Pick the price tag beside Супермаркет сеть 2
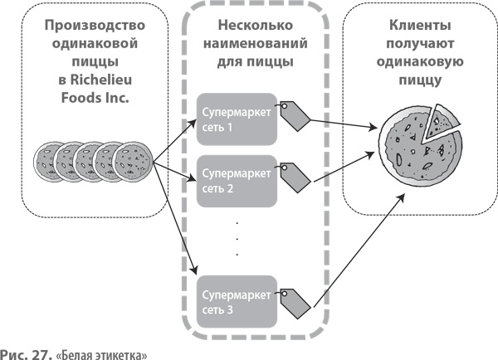[x=293, y=178]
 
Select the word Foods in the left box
[x=71, y=100]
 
